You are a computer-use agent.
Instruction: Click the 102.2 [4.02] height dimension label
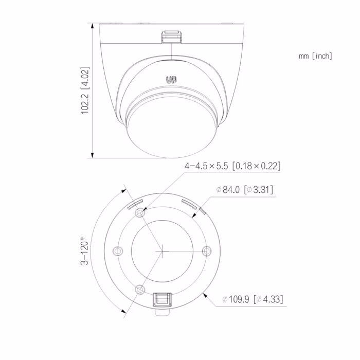(85, 90)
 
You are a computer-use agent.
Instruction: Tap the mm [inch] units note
(315, 56)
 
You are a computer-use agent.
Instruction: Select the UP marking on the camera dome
(171, 80)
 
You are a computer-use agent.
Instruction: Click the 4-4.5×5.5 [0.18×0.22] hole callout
(232, 166)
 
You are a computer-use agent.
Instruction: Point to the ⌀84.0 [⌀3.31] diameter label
(245, 190)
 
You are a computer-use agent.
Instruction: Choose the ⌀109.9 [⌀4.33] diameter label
(253, 299)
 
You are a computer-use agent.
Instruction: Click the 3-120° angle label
(84, 251)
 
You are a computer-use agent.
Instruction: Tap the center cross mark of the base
(162, 251)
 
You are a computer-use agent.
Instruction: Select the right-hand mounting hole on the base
(207, 251)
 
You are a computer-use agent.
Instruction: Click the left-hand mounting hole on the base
(118, 251)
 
